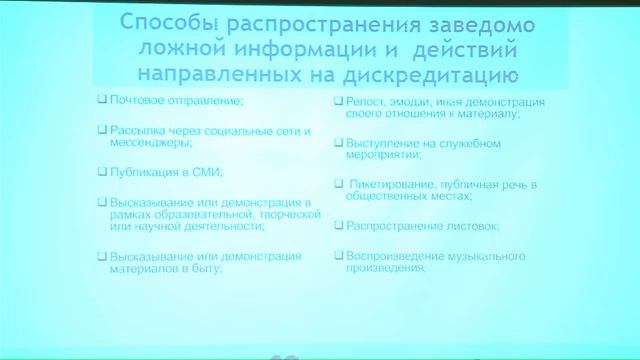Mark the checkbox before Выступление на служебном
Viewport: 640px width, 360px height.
pyautogui.click(x=339, y=143)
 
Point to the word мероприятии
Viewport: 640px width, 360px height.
pyautogui.click(x=384, y=156)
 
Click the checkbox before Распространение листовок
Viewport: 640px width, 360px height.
pyautogui.click(x=339, y=226)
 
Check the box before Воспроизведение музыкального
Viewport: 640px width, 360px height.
pyautogui.click(x=339, y=256)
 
